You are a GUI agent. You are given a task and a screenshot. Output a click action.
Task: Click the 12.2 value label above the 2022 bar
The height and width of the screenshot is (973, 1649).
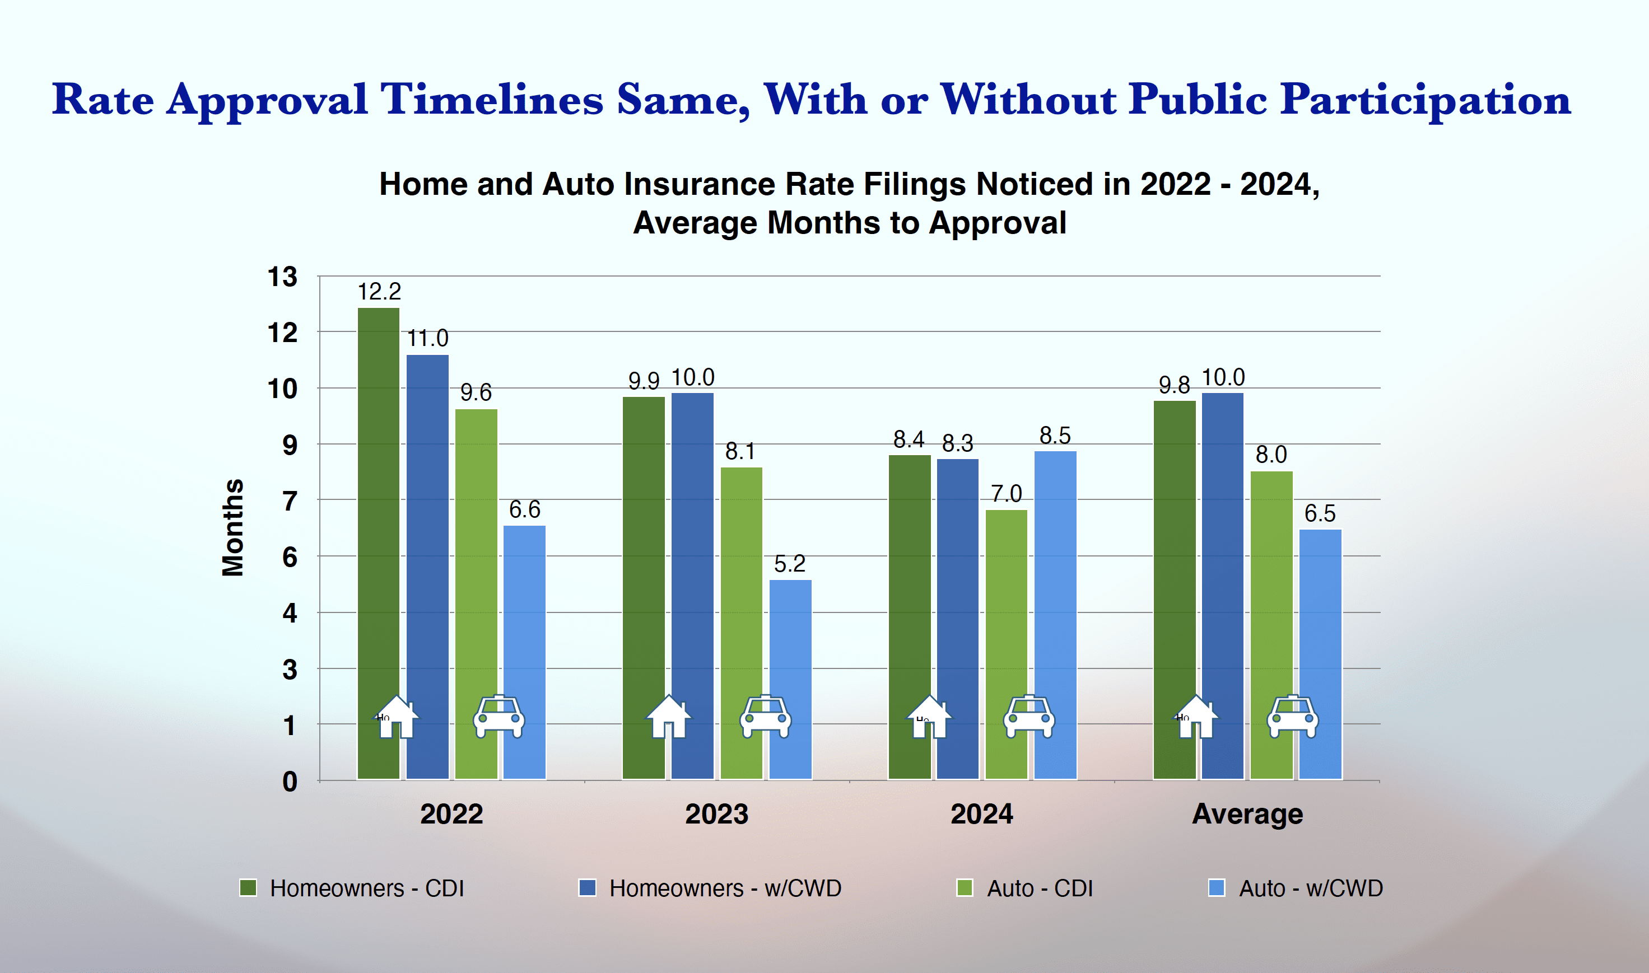point(379,291)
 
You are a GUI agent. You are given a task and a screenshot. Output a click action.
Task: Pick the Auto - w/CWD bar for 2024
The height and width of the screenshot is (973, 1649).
point(1055,590)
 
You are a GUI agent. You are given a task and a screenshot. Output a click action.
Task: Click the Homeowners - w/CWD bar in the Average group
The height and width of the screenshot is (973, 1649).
point(1223,557)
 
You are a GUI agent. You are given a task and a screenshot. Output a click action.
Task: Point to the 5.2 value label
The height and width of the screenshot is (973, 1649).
point(790,564)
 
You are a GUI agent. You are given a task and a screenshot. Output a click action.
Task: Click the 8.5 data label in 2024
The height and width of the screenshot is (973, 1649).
point(1055,436)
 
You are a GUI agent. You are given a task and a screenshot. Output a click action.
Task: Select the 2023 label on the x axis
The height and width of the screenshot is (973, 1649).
point(716,815)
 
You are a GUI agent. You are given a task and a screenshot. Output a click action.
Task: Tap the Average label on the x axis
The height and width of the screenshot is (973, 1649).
point(1247,815)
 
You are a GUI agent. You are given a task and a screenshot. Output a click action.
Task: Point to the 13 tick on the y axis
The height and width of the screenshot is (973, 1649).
point(283,277)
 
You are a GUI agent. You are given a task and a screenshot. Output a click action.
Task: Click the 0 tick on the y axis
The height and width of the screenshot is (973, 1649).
point(289,782)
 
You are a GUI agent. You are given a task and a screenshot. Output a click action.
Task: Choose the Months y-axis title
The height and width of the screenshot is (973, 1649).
point(233,528)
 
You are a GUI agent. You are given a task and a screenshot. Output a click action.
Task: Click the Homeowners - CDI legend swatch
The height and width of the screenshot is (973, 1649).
point(248,888)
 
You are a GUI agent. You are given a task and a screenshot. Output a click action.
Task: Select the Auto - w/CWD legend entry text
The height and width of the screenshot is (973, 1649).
point(1311,888)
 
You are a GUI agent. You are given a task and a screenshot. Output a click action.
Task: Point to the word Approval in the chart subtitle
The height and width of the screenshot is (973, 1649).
point(998,223)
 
